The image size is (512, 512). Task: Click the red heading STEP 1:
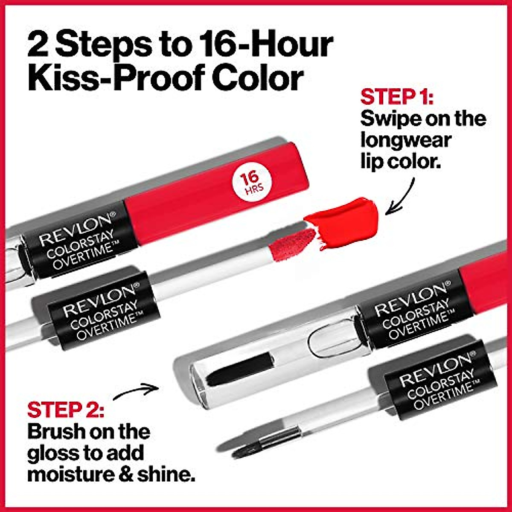pyautogui.click(x=397, y=97)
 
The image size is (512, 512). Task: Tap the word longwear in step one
pyautogui.click(x=405, y=140)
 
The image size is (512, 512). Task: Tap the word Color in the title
pyautogui.click(x=258, y=78)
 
